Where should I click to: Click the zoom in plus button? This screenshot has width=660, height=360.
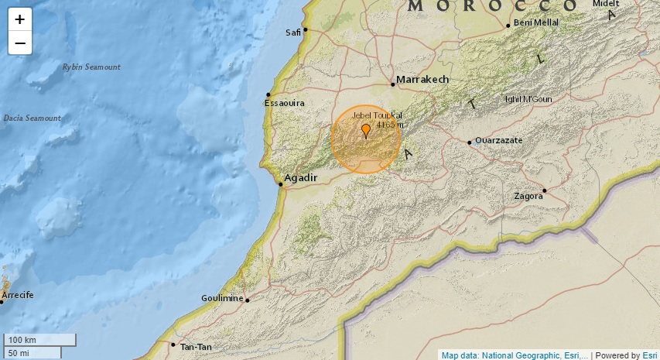coord(20,19)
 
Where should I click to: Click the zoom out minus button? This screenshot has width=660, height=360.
coord(20,43)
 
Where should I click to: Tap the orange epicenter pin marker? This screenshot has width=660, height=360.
coord(365,130)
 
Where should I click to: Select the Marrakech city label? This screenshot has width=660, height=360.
coord(422,80)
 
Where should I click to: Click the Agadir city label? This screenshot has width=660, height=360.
coord(302,178)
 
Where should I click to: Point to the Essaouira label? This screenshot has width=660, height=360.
coord(285,102)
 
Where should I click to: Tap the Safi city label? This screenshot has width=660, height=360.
coord(292,33)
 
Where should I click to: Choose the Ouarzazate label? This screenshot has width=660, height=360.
coord(499,141)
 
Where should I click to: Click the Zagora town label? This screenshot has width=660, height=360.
coord(528,196)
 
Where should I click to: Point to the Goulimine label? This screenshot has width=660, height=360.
coord(222,298)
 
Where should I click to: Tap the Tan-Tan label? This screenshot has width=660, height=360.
coord(195,347)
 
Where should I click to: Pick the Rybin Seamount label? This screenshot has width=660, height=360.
coord(91,67)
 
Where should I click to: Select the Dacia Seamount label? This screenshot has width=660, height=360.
coord(32,118)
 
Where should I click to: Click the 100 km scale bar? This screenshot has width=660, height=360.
coord(40,340)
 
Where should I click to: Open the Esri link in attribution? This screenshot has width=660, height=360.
coord(650,355)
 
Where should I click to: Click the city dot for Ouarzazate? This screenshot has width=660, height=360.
coord(470,142)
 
